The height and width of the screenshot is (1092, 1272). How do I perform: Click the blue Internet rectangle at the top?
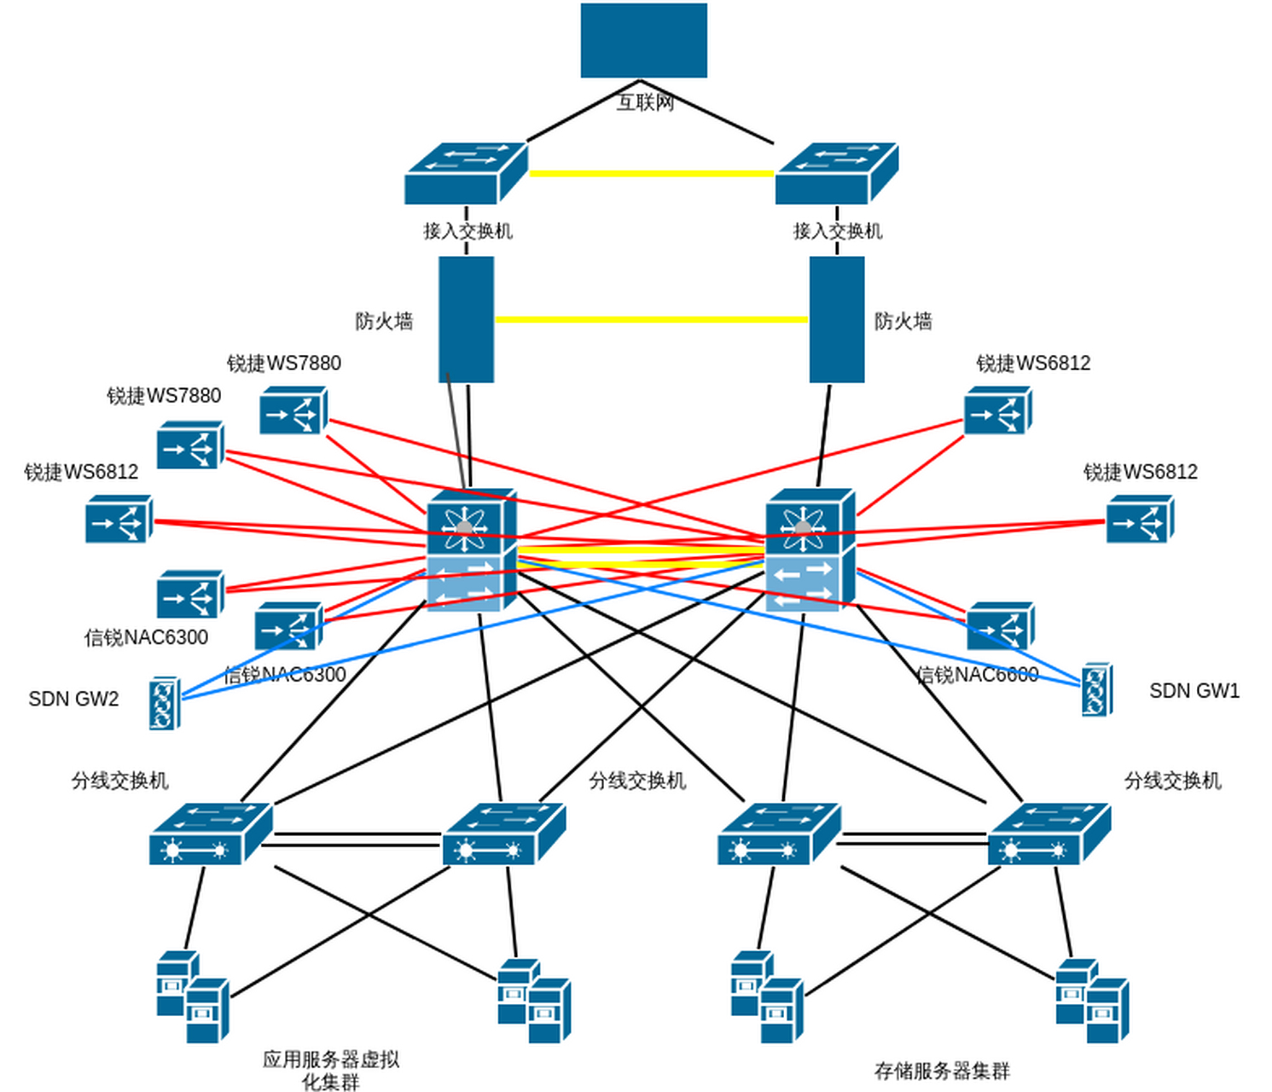point(643,40)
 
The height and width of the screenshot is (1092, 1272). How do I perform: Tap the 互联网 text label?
point(646,102)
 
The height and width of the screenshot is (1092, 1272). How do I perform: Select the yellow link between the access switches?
point(652,173)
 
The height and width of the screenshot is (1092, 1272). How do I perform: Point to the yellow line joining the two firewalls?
point(652,320)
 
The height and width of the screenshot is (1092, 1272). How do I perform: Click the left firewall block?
point(466,319)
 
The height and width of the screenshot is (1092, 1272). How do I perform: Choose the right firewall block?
point(836,319)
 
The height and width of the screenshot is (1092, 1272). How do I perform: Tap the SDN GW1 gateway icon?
point(1096,689)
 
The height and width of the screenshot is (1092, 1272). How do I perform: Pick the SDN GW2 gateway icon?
point(164,703)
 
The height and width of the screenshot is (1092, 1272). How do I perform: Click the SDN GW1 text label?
point(1194,691)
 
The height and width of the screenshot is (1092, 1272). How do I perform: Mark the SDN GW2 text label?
point(73,700)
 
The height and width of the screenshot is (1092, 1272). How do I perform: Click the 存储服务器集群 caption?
point(942,1071)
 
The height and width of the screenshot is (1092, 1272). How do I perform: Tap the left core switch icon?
point(471,550)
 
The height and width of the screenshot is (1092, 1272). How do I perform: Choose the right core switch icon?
point(810,550)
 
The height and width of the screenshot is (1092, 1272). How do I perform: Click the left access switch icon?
point(466,173)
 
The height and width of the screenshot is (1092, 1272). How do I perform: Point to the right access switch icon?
point(836,173)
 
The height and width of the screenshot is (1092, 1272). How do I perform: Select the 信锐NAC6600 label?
point(978,675)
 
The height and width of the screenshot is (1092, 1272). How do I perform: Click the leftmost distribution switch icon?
point(211,834)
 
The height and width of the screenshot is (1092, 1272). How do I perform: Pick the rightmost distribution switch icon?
point(1048,834)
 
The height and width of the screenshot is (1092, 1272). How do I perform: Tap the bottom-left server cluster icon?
point(193,996)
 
